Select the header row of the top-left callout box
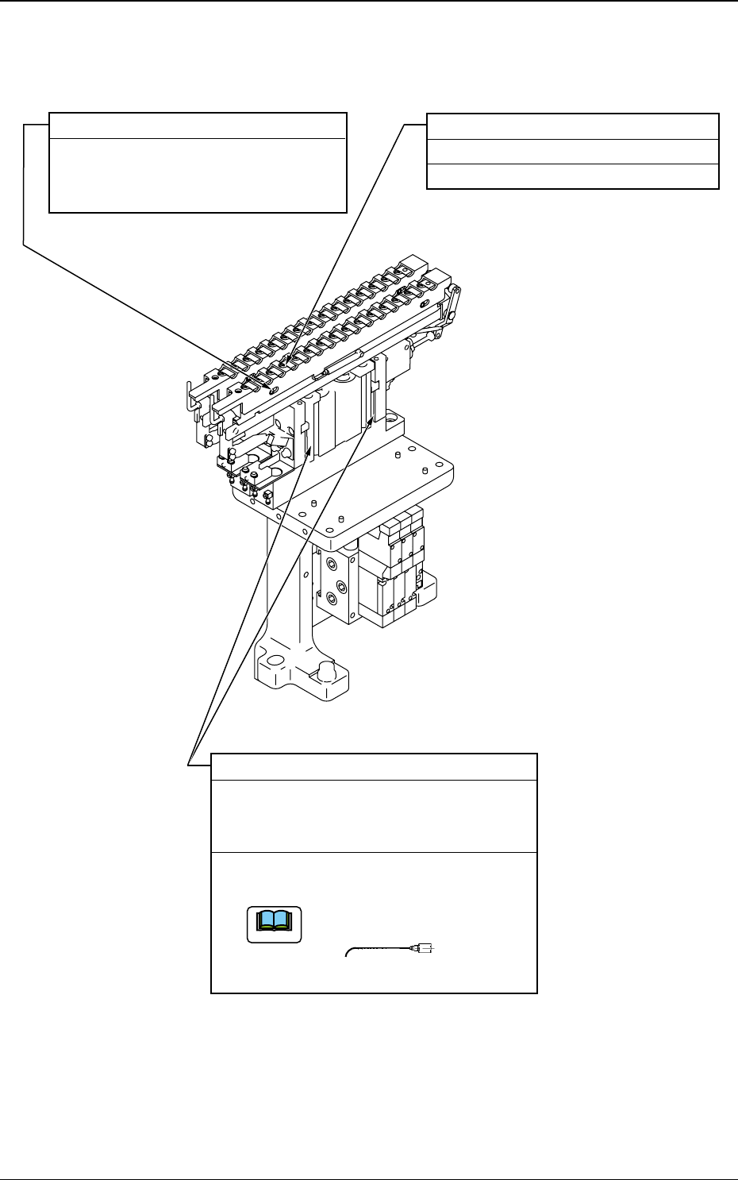click(198, 126)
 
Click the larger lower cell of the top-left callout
click(198, 175)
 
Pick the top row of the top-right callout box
click(572, 127)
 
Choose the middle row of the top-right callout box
click(572, 152)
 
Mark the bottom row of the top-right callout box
click(572, 176)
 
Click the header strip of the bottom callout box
click(374, 767)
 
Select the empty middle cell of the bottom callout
click(374, 816)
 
